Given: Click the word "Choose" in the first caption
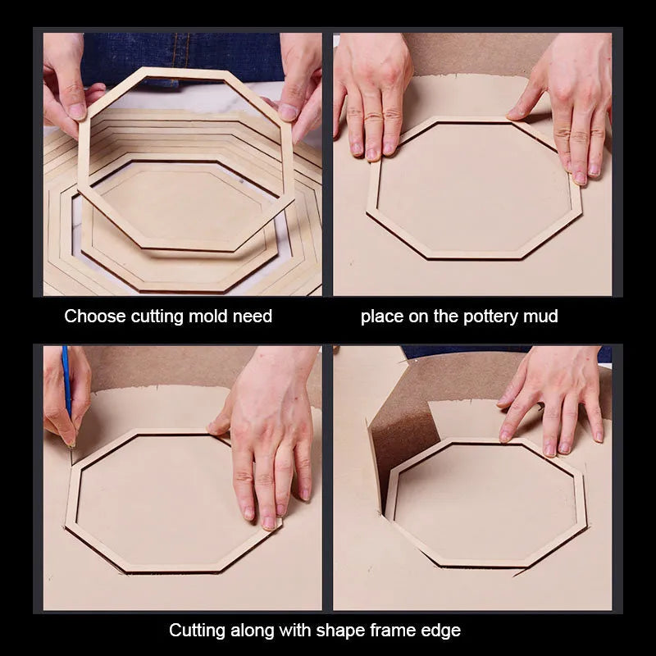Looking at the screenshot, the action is coord(95,317).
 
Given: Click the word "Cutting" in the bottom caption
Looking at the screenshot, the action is coord(196,631).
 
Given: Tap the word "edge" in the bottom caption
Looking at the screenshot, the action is coord(442,631).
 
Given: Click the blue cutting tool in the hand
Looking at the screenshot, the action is coord(66,380).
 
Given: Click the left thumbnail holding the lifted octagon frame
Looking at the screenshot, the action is coord(77,112).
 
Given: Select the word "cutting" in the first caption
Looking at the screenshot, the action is coord(157,317).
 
